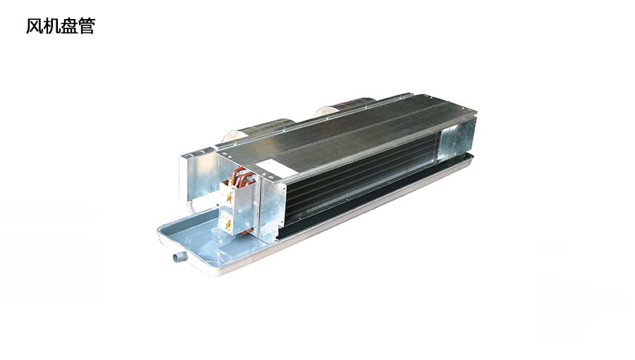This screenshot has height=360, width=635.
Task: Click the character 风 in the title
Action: point(35,26)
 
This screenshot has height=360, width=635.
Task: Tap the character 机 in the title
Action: point(52,26)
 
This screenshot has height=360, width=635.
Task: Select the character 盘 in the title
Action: point(69,26)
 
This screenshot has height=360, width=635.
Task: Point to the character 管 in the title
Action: point(87,26)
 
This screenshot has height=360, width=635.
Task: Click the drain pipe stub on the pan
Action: point(179,256)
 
